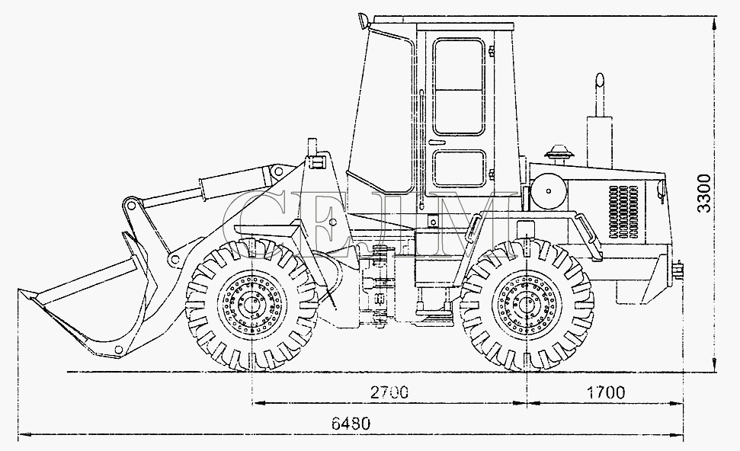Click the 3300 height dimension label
pos(704,193)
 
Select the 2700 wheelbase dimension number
pos(390,392)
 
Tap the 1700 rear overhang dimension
pos(606,392)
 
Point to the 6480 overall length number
pos(351,423)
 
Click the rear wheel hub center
pos(527,304)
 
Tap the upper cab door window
pos(460,87)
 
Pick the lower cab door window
pos(460,168)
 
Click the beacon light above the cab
pos(363,21)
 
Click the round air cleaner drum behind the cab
pos(549,191)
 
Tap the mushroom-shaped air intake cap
pos(559,154)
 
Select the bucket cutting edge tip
pos(20,291)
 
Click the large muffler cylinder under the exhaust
pos(599,142)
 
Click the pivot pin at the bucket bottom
pos(119,349)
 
